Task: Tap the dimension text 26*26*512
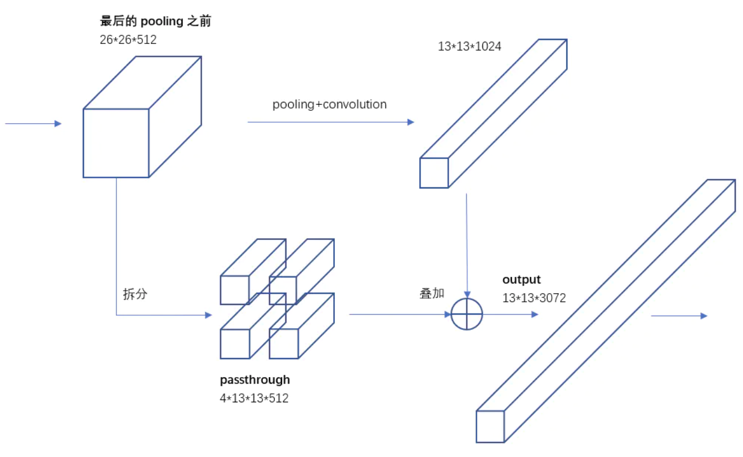pos(128,39)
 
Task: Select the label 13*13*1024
pos(469,47)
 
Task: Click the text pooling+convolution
pos(329,105)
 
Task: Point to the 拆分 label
pos(135,294)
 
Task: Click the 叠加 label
pos(432,293)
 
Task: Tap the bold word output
pos(521,280)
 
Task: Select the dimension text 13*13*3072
pos(534,298)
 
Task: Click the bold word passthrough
pos(255,380)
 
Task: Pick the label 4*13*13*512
pos(254,398)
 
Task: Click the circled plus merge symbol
pos(467,314)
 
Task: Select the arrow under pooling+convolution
pos(330,122)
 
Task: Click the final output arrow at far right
pos(678,316)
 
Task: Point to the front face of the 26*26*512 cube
pos(116,143)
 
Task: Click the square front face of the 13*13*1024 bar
pos(434,173)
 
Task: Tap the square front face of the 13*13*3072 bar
pos(490,427)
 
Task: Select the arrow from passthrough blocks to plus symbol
pos(400,315)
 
